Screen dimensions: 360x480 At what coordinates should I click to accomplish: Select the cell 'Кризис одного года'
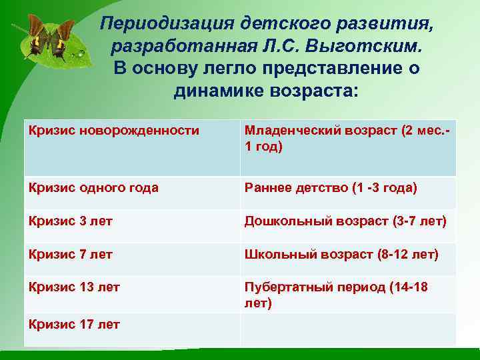94,188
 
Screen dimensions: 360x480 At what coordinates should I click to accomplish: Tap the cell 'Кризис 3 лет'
71,221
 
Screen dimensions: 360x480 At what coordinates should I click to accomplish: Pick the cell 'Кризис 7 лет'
71,254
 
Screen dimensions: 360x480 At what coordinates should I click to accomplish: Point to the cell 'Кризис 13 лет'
74,287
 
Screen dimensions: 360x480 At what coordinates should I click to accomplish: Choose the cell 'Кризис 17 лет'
74,325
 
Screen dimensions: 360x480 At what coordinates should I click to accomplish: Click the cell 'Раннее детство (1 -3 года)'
331,188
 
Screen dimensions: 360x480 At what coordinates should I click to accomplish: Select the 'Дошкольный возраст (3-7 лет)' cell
345,221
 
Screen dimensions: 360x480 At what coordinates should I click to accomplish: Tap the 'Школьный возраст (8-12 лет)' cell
341,254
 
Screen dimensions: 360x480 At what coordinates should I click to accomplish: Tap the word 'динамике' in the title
215,90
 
